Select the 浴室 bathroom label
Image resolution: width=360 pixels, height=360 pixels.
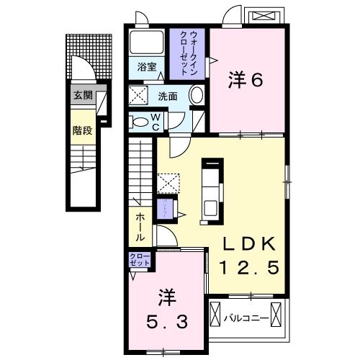148,67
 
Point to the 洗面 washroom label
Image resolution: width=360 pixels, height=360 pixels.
167,95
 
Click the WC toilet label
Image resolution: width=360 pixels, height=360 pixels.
155,121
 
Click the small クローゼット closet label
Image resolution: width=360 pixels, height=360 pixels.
139,259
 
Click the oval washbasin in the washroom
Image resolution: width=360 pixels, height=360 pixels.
195,95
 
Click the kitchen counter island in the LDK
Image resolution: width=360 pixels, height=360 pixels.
212,186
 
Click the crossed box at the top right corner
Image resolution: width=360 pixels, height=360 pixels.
261,15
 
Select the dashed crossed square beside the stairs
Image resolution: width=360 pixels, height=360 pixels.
167,182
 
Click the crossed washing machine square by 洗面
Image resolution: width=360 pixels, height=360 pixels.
140,94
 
